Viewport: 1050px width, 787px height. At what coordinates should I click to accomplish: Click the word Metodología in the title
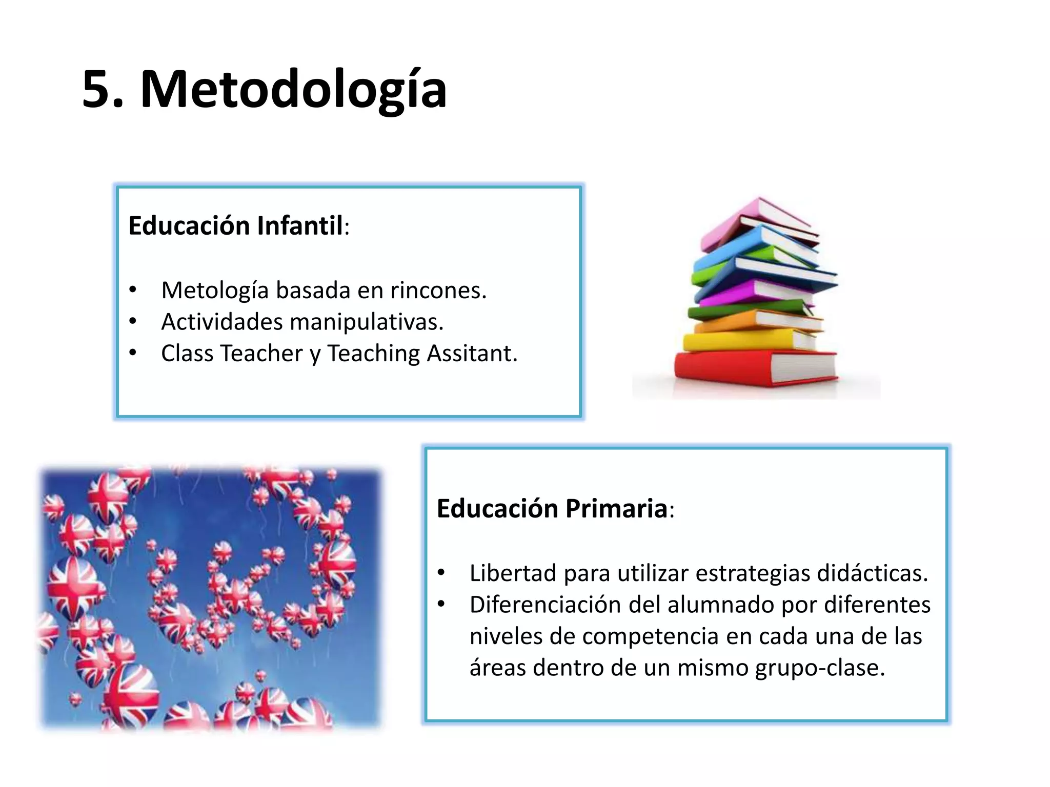coord(293,90)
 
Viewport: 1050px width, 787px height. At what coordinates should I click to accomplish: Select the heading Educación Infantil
coord(236,225)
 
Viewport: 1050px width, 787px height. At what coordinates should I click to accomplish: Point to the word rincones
coord(438,291)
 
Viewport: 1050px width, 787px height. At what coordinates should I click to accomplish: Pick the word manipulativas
coord(366,322)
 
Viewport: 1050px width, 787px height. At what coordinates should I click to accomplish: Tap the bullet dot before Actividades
coord(133,322)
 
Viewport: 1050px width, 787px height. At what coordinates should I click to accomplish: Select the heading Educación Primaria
coord(552,509)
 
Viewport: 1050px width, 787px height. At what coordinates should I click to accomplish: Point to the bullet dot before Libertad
coord(442,573)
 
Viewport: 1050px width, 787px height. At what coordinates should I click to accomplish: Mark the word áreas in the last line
coord(498,668)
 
